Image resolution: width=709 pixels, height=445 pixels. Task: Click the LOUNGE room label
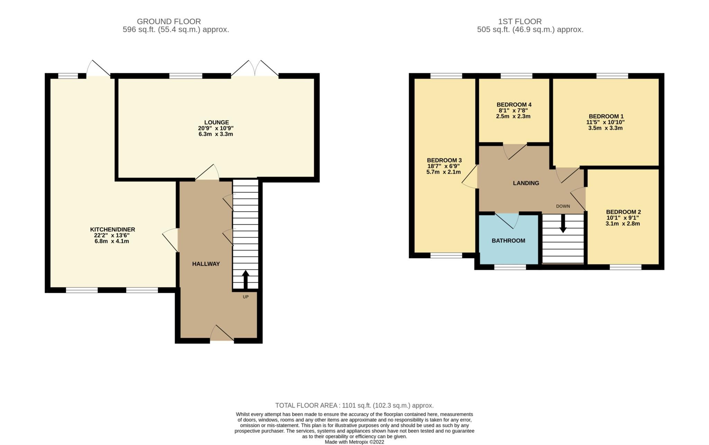point(216,122)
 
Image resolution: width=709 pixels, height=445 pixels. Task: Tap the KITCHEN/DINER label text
point(113,229)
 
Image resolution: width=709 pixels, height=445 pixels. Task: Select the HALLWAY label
point(206,264)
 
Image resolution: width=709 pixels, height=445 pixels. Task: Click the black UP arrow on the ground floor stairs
point(245,279)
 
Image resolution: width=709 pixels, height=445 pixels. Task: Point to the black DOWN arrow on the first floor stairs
point(563,224)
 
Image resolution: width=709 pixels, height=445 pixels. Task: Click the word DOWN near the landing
point(563,206)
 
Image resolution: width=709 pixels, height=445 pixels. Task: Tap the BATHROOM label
point(508,241)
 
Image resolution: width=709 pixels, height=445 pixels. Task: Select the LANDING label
point(526,183)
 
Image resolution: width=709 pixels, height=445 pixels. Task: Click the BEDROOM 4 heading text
point(514,105)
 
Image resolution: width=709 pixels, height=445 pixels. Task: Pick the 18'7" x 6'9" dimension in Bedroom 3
point(444,166)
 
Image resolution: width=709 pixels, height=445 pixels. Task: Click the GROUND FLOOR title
point(169,21)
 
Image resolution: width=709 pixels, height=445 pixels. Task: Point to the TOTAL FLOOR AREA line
point(354,405)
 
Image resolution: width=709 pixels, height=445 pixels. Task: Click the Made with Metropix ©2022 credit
point(354,442)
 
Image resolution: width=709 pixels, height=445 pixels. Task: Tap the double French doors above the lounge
point(255,69)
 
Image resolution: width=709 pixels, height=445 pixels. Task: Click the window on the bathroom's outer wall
point(510,267)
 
